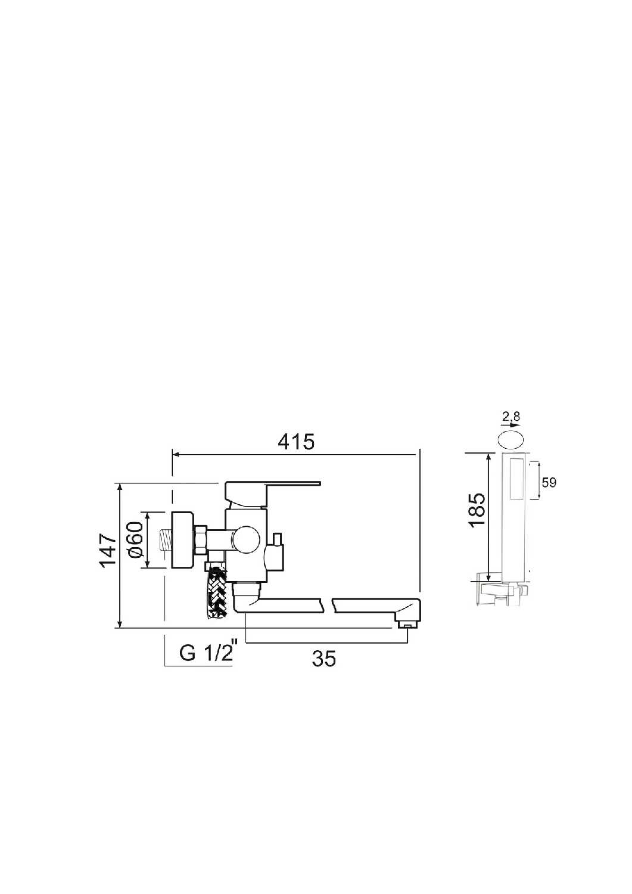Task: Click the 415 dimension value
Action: pyautogui.click(x=296, y=442)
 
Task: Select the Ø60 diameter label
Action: pyautogui.click(x=136, y=539)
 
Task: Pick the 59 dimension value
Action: pyautogui.click(x=549, y=483)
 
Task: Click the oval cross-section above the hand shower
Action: pyautogui.click(x=510, y=440)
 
